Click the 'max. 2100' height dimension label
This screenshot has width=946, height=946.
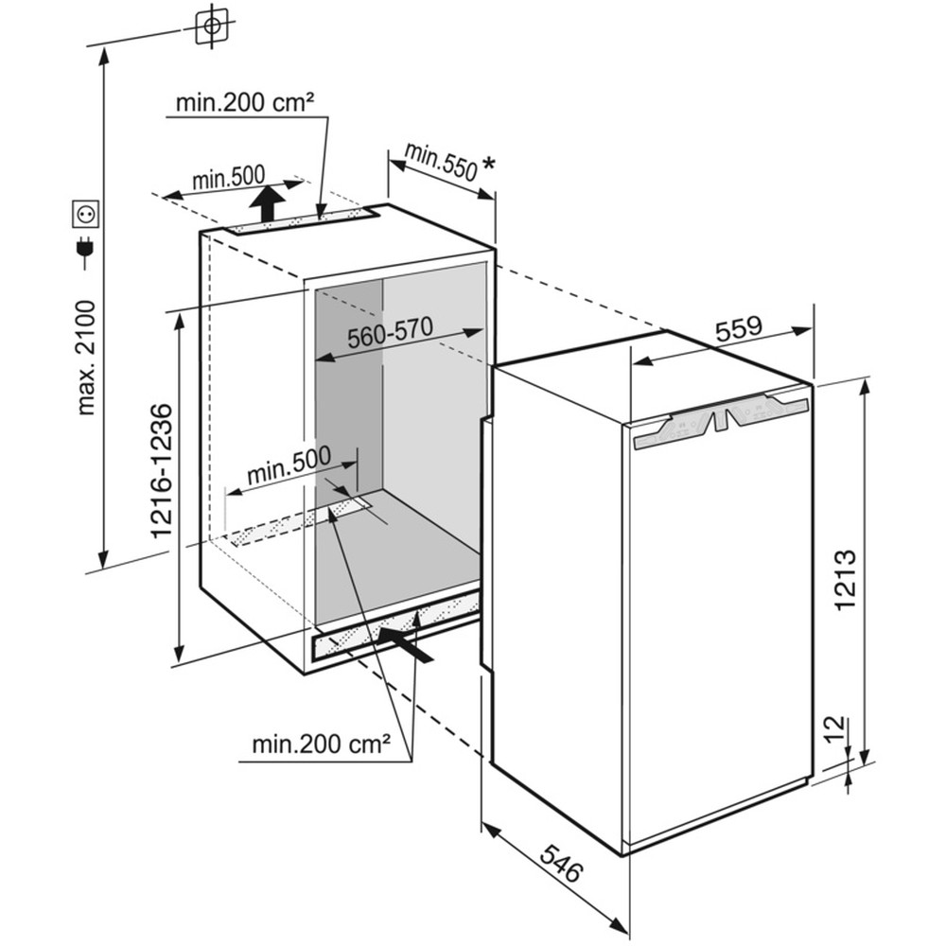(x=86, y=358)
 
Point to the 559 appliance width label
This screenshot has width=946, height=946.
(x=739, y=328)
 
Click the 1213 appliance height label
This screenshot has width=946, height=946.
(x=845, y=580)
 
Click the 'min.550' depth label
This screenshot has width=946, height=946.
(x=441, y=162)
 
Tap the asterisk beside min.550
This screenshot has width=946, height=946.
(x=489, y=164)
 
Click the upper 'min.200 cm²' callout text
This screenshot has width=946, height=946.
(x=244, y=103)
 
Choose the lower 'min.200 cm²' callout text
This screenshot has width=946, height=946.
(x=321, y=745)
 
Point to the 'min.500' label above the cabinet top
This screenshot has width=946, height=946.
(x=229, y=178)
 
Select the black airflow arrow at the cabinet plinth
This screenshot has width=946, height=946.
(x=405, y=644)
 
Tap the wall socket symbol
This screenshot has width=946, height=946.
(x=86, y=214)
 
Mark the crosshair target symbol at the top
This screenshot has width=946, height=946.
(x=212, y=26)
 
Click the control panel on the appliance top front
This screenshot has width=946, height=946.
(x=721, y=421)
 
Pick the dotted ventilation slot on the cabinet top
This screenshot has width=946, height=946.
(x=301, y=222)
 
